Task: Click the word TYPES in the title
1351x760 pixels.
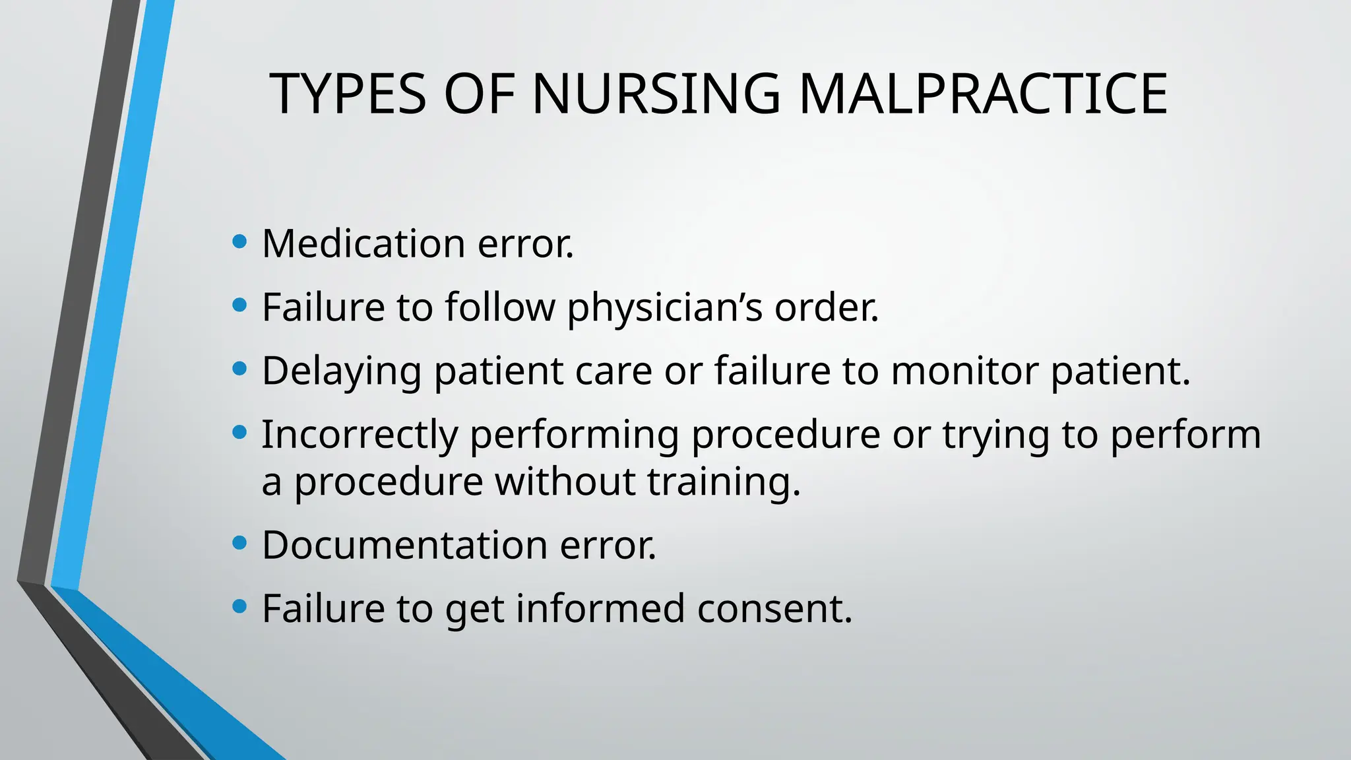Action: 348,94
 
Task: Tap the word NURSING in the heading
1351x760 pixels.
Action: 656,94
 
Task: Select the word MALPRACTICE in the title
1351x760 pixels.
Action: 983,94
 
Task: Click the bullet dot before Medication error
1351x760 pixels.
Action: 240,241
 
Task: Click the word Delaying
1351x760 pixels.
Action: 342,371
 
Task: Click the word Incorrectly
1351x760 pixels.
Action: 360,435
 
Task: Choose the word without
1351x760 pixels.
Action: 565,482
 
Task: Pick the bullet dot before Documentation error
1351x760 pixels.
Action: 240,543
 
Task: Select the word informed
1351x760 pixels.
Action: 600,608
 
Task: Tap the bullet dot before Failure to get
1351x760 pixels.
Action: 240,606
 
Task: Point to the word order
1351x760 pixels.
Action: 827,307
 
